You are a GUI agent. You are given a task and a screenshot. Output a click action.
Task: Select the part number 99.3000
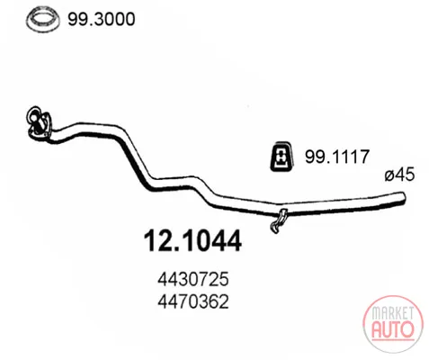(x=102, y=19)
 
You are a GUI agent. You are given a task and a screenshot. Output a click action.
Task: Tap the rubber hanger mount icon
(x=282, y=156)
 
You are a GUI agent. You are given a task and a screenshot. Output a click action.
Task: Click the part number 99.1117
(x=337, y=157)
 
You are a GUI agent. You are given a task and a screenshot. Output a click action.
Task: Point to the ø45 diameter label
(x=399, y=175)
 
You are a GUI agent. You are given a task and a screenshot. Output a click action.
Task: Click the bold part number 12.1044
(x=192, y=241)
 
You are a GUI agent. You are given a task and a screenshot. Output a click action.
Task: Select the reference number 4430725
(x=193, y=279)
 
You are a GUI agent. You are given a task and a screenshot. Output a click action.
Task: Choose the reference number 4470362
(x=193, y=301)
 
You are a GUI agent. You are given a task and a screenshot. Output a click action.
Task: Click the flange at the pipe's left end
(x=38, y=123)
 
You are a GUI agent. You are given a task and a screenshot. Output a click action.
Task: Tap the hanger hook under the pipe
(x=279, y=221)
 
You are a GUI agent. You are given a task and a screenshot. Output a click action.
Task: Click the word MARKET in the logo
(x=392, y=313)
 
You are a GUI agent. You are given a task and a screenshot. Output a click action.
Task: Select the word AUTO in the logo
(x=392, y=329)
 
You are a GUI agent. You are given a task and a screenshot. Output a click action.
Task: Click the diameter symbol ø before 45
(x=389, y=175)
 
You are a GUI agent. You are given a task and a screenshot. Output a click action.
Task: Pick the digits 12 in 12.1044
(x=157, y=241)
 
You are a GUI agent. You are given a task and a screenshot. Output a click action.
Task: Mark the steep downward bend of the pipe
(x=135, y=159)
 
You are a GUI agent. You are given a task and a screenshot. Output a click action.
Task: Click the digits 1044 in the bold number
(x=210, y=241)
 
